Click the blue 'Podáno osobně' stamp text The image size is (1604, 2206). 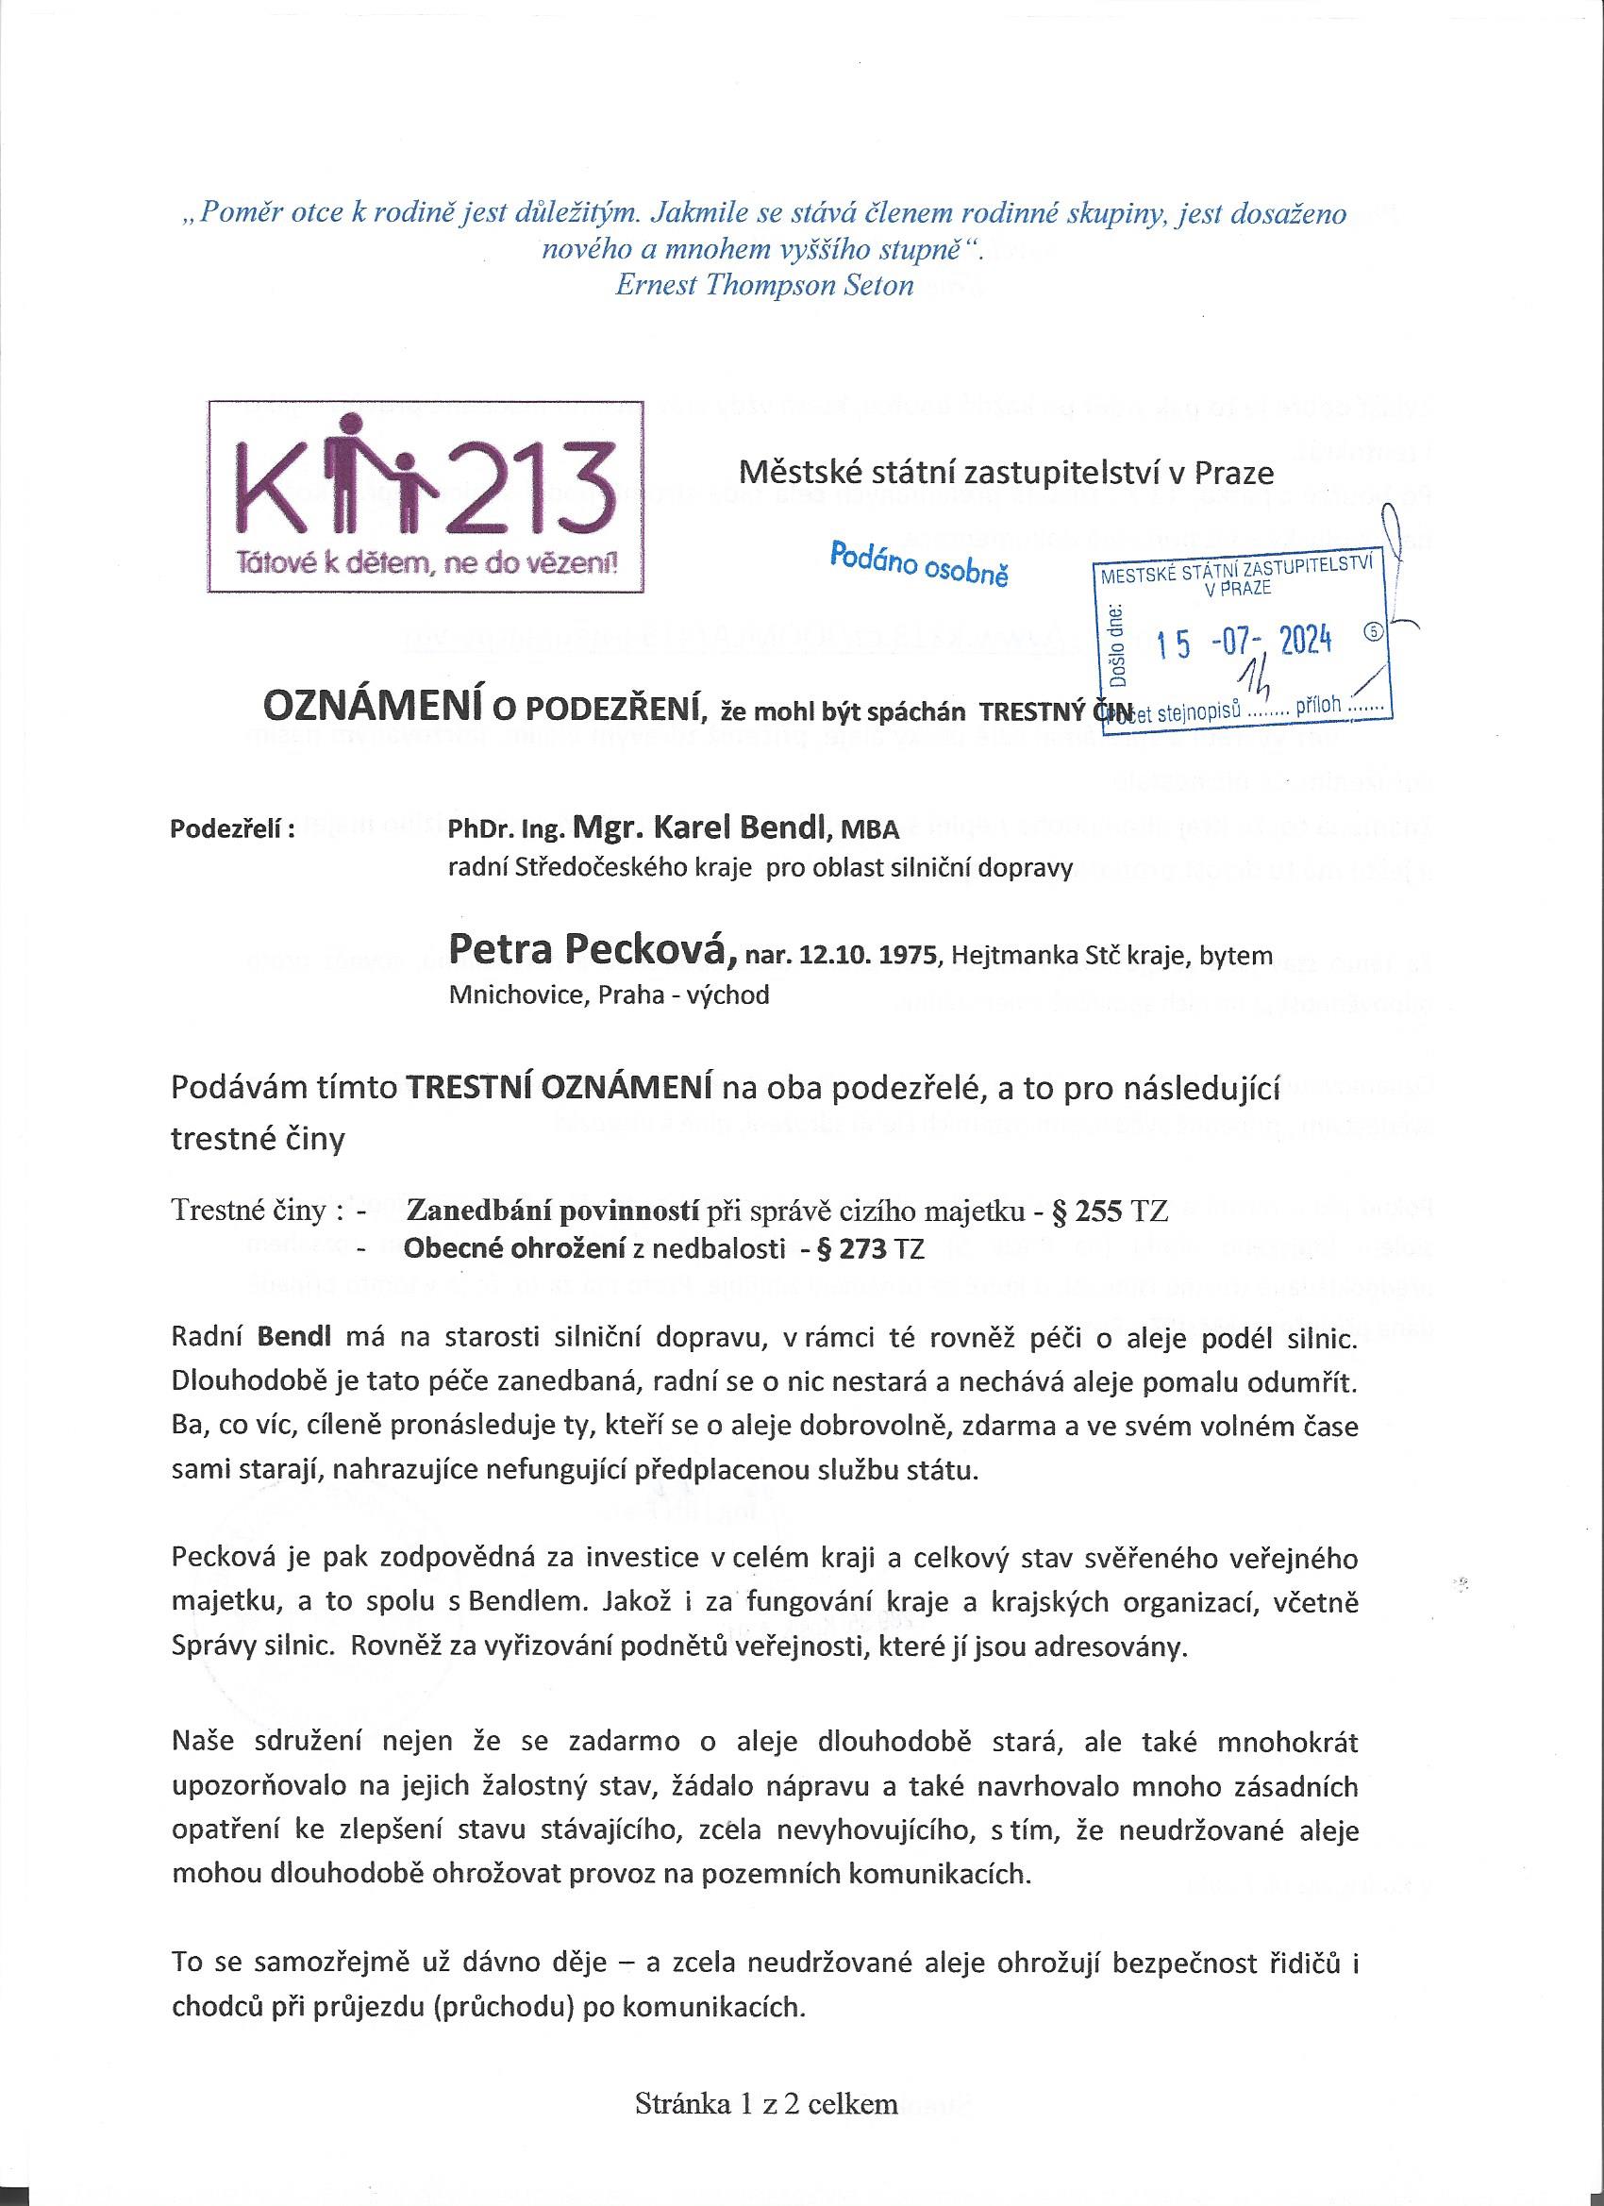918,564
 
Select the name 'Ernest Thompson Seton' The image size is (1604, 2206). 764,285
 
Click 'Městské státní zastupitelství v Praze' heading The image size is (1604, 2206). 1007,474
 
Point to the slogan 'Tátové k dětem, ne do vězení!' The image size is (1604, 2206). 428,563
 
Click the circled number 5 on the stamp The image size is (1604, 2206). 1375,629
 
